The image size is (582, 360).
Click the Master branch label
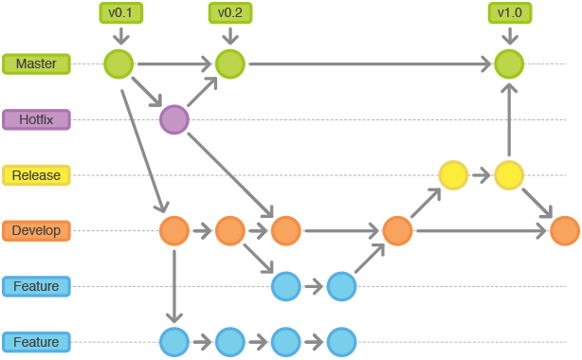click(x=36, y=64)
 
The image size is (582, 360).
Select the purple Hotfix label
click(x=36, y=120)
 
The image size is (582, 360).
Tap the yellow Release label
click(x=36, y=175)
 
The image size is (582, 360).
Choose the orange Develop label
click(x=36, y=230)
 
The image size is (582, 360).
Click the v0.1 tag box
click(x=120, y=13)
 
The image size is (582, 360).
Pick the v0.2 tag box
click(x=229, y=13)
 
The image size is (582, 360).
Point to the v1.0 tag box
click(x=509, y=13)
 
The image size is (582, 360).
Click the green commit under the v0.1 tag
click(x=118, y=64)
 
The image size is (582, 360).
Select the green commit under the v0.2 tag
click(x=229, y=64)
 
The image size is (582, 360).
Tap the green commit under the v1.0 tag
click(x=509, y=64)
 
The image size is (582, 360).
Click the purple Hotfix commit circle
click(x=174, y=119)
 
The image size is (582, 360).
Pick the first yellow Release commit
click(x=453, y=175)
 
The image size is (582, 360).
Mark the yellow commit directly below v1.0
click(x=509, y=175)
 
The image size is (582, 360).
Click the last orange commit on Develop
click(x=564, y=230)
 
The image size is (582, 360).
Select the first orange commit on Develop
click(x=174, y=230)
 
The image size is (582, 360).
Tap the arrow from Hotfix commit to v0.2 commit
click(x=202, y=92)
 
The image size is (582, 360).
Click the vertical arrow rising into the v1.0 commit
click(x=509, y=118)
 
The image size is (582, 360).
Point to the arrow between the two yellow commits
click(x=482, y=175)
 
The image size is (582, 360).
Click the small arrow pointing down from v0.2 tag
click(x=229, y=37)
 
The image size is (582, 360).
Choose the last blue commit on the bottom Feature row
click(x=341, y=341)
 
